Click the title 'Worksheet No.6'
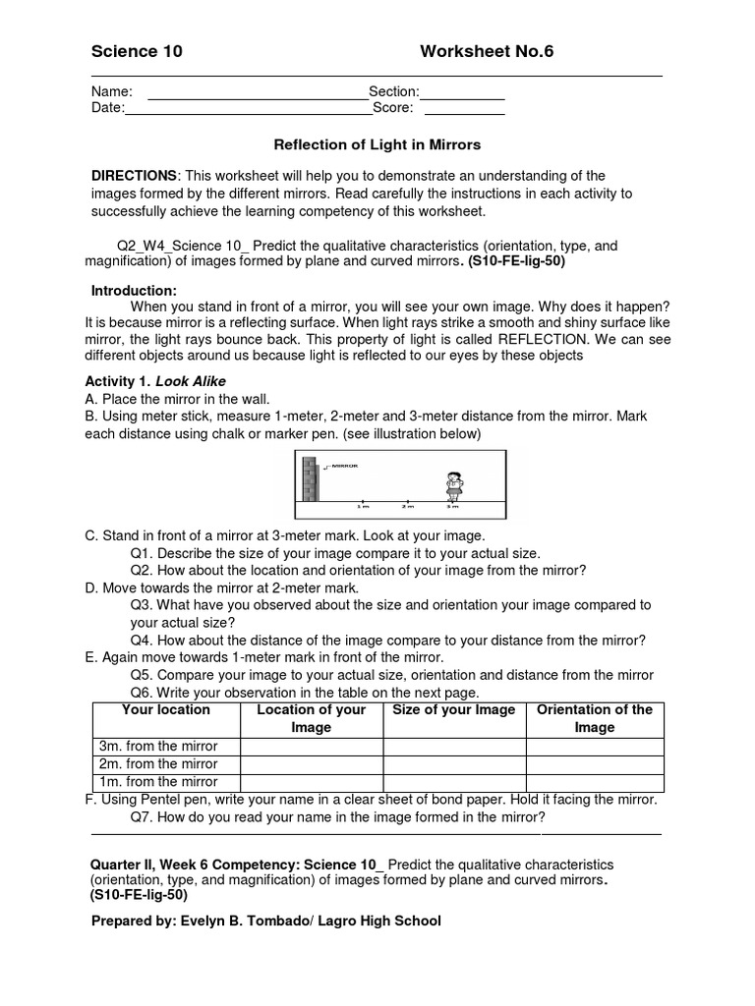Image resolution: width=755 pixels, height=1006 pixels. coord(487,52)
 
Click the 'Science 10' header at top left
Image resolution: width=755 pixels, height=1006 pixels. coord(137,52)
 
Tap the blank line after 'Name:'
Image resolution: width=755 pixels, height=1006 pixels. coord(258,95)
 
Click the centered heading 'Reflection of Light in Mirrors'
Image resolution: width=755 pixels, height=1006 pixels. coord(377,144)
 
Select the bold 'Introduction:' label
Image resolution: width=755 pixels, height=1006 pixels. coord(134,291)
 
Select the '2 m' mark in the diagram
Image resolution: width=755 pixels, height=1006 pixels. coord(407,507)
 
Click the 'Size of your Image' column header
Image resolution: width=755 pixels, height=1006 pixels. coord(453,710)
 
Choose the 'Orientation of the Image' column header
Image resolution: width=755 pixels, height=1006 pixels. coord(594,718)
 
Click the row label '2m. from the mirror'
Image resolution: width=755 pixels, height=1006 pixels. coord(158,763)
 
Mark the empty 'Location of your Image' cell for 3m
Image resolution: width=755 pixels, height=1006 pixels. coord(311,746)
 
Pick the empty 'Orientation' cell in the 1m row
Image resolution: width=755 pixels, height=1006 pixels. coord(594,782)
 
